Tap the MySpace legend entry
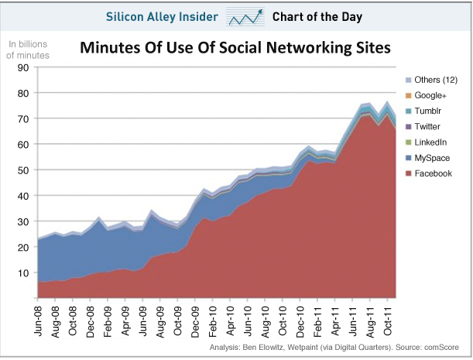click(x=431, y=158)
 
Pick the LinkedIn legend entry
click(x=430, y=142)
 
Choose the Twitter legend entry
click(x=428, y=127)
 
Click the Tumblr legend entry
click(x=428, y=111)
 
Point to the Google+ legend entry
click(x=431, y=96)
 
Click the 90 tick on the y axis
click(x=23, y=68)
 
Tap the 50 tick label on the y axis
click(x=23, y=170)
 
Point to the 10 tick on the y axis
click(x=23, y=273)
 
